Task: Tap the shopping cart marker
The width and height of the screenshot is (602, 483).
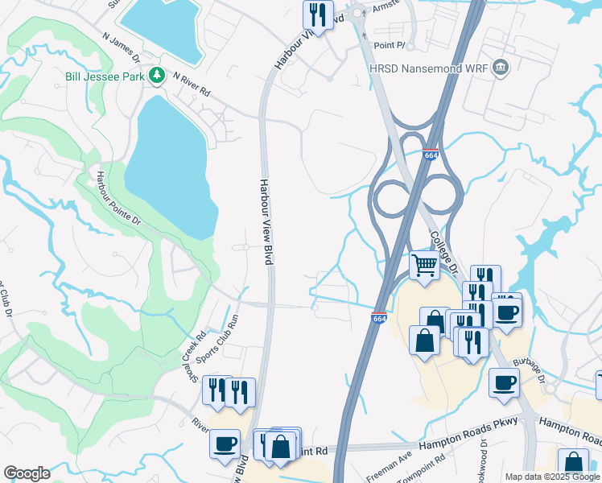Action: (424, 265)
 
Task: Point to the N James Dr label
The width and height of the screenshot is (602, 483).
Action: (122, 47)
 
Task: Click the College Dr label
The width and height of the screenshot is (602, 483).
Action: (443, 250)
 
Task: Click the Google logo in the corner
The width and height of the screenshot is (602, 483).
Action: (27, 473)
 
